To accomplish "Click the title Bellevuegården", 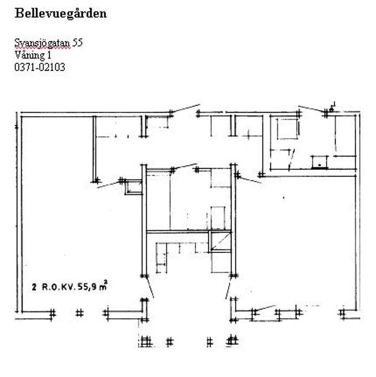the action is click(61, 13).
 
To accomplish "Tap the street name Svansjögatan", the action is click(42, 43).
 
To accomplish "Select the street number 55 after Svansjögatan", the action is click(78, 42).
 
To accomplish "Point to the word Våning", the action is click(30, 55).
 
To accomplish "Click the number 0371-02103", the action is click(40, 67).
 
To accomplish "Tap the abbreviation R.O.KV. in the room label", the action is click(59, 287).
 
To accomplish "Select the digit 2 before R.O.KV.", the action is click(34, 287).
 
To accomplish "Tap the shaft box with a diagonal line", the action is click(220, 242).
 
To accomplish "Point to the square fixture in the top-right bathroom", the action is click(288, 129).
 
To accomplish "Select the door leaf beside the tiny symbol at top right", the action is click(311, 109).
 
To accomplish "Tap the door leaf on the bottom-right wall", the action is click(265, 308).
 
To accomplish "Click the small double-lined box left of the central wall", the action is click(134, 187).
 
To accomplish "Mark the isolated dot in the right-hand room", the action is click(284, 198).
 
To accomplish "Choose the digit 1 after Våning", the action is click(49, 55).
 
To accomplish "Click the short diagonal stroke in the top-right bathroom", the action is click(291, 160).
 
